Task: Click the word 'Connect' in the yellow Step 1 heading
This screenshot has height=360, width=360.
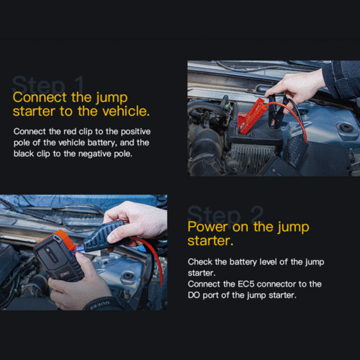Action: (x=40, y=97)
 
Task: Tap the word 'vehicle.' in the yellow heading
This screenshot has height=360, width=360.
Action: (x=126, y=111)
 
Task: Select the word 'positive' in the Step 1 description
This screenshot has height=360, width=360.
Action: (x=135, y=132)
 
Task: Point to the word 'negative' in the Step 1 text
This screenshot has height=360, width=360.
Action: (x=95, y=154)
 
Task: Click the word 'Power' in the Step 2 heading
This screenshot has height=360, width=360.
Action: (x=207, y=227)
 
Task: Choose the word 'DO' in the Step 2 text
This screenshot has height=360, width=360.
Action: (x=194, y=295)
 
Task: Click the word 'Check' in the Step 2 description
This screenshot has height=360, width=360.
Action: (x=200, y=262)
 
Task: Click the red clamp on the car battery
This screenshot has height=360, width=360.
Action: (x=252, y=115)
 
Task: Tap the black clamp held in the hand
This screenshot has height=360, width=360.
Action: (x=276, y=111)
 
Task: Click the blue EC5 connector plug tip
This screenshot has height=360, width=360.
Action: (x=80, y=249)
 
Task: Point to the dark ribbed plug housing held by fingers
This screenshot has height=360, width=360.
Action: (x=106, y=236)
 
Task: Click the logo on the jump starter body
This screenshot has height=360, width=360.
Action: (x=64, y=274)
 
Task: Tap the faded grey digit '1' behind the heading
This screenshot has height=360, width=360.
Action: (x=78, y=84)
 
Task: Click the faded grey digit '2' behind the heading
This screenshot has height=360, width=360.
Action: (x=256, y=214)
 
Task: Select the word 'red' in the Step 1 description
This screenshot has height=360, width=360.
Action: (x=70, y=132)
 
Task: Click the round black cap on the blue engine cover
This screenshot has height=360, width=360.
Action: (x=346, y=127)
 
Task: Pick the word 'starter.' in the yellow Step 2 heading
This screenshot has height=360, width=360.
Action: (x=210, y=240)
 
